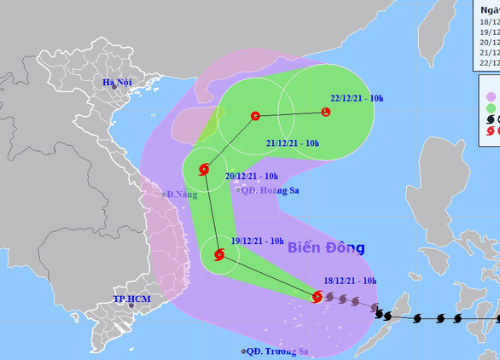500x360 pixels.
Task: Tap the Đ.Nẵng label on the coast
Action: point(180,195)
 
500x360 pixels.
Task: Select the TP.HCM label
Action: point(132,299)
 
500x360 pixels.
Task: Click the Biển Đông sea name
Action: point(326,248)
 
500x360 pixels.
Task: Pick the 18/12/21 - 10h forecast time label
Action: point(354,280)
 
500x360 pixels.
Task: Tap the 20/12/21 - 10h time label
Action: point(254,177)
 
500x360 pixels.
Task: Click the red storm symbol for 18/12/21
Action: point(317,297)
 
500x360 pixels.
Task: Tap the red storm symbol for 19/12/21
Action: point(219,254)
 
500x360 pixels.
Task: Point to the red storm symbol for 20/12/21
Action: point(203,169)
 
